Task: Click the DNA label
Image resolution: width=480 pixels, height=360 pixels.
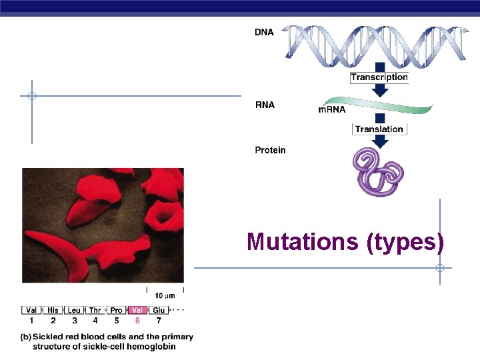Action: point(264,33)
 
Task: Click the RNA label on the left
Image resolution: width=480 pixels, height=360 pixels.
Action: point(265,105)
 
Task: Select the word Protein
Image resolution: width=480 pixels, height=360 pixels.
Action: point(270,150)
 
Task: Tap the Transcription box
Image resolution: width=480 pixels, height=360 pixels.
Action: point(379,77)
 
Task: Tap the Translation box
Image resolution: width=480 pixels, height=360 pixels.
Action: point(379,129)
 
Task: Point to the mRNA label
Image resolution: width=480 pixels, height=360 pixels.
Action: point(332,109)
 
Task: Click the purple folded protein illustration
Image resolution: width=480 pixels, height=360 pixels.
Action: point(377,172)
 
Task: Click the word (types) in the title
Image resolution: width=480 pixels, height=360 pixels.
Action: point(405,241)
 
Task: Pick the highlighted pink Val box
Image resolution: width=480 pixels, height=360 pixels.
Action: point(137,310)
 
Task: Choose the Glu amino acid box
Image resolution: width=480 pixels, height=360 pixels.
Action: point(159,310)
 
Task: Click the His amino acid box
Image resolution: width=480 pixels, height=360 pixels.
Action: point(53,310)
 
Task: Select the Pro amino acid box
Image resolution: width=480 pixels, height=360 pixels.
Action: point(116,310)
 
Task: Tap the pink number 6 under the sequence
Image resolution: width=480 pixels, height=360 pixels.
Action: point(137,321)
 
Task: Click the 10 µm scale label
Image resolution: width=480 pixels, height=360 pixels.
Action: point(165,295)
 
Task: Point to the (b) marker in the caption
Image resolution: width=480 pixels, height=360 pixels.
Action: point(25,337)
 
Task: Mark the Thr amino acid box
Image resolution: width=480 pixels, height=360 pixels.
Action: point(95,310)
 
